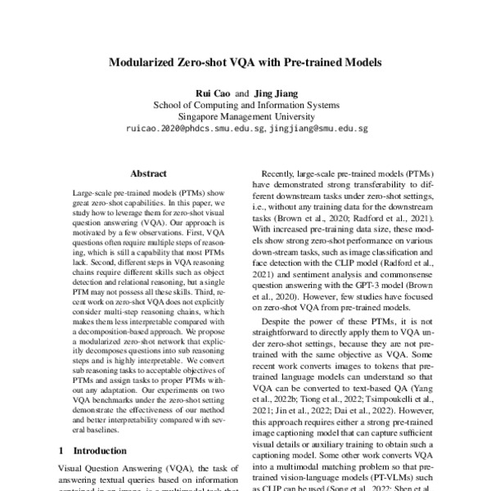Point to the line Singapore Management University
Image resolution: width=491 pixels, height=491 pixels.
coord(246,116)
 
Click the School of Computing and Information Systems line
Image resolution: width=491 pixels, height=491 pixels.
coord(246,105)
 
